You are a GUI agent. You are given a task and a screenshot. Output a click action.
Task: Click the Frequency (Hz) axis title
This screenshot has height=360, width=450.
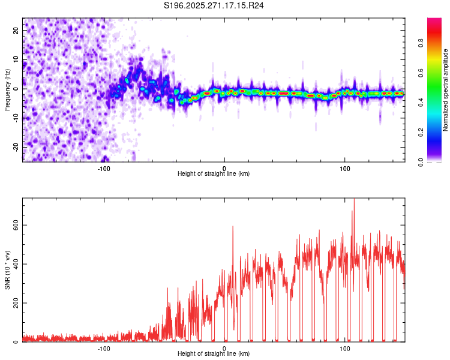click(7, 89)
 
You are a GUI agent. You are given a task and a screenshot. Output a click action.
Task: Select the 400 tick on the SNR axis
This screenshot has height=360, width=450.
click(13, 264)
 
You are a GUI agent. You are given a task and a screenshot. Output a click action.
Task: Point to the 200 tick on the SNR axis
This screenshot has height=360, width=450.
click(13, 303)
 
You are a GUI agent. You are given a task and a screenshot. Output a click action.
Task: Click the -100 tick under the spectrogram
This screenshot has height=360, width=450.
click(104, 168)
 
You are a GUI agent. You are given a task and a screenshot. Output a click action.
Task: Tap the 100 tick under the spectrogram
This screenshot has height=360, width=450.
click(345, 168)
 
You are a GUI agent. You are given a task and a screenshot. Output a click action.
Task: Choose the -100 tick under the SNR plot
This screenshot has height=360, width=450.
click(104, 348)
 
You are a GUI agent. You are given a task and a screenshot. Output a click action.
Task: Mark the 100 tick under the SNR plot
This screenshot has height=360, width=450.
click(345, 348)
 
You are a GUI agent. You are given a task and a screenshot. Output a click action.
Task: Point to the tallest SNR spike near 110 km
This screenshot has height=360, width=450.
click(354, 200)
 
